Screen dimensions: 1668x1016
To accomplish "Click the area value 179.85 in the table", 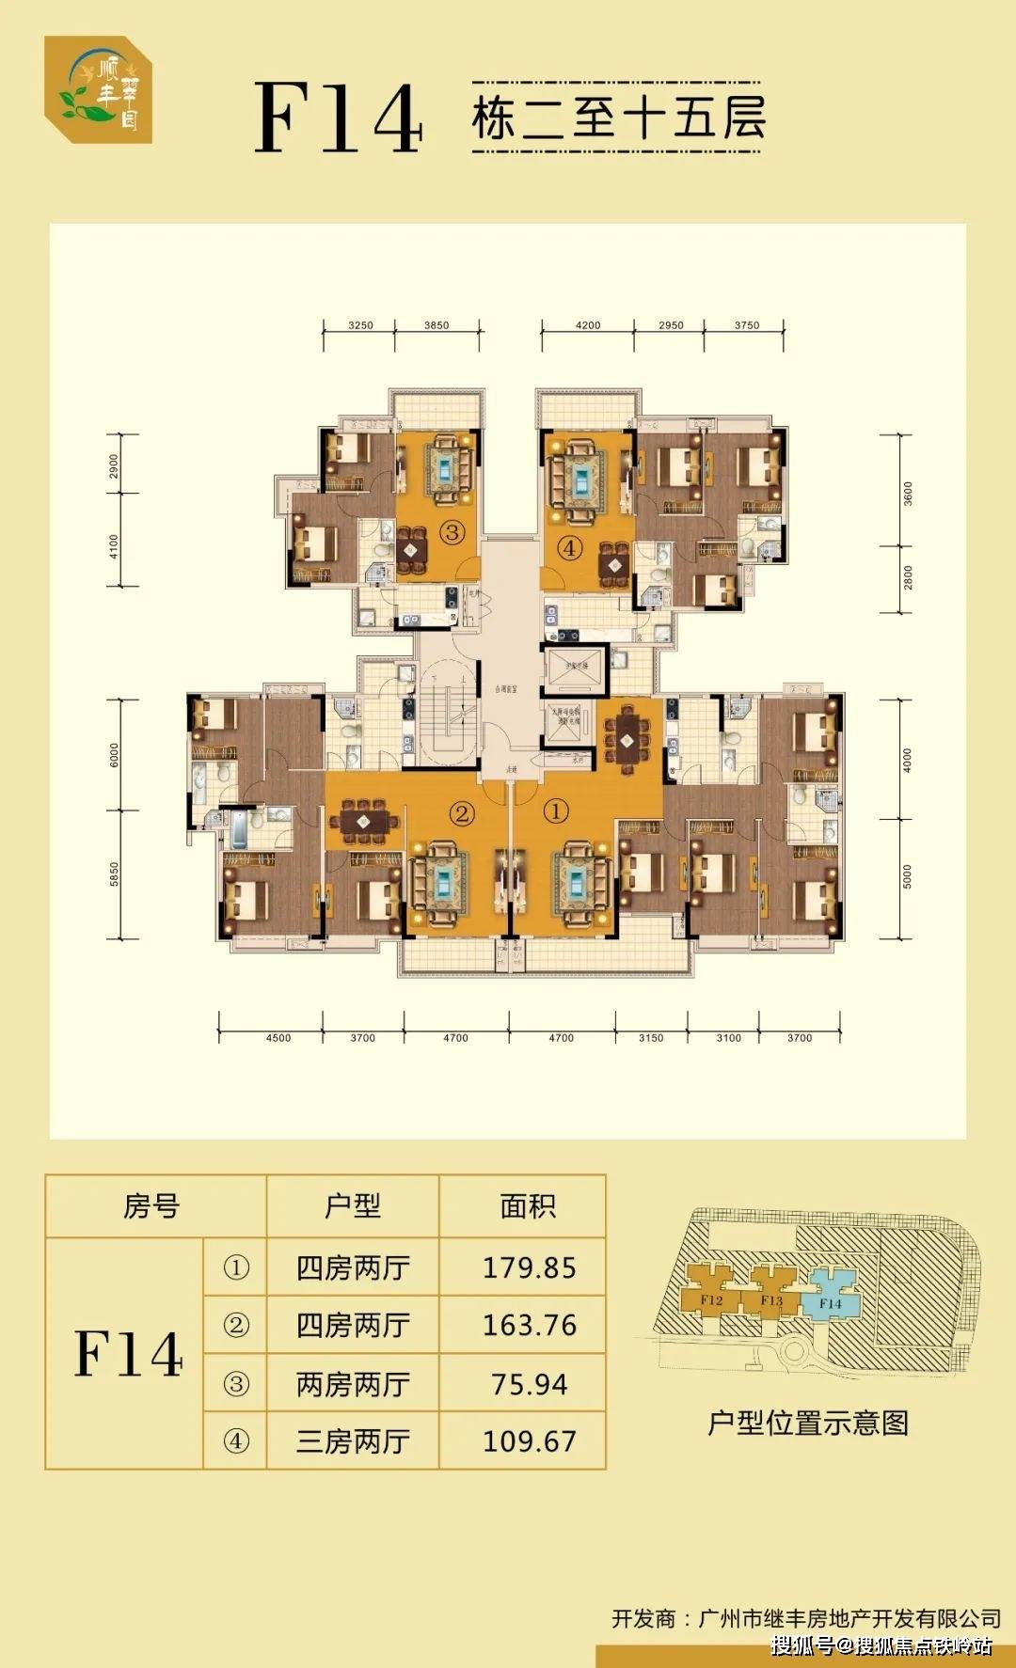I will tap(529, 1267).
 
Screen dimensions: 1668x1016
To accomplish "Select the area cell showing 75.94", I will tap(529, 1384).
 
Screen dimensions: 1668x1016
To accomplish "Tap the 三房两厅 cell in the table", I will tap(353, 1441).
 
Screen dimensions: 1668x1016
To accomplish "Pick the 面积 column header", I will tap(528, 1206).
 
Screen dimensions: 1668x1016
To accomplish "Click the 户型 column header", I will tap(353, 1206).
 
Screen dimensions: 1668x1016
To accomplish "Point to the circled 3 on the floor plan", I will tap(453, 533).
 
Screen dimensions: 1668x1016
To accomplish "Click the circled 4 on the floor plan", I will tap(570, 547).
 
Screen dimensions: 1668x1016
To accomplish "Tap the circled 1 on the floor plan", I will tap(558, 810).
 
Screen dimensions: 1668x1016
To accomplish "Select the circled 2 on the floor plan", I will tap(461, 812).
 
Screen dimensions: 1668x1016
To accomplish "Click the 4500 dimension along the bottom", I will tap(278, 1038).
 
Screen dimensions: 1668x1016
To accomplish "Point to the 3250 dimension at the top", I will tap(360, 325).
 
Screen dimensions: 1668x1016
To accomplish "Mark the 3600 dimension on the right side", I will tap(908, 493).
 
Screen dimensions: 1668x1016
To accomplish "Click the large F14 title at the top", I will tap(339, 118).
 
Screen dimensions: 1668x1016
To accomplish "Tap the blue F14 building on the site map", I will tap(830, 1303).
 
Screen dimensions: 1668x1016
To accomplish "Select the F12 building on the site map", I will tap(711, 1300).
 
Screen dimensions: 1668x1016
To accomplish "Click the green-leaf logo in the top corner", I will tap(99, 89).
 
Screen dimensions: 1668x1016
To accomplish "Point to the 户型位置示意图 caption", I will tap(808, 1423).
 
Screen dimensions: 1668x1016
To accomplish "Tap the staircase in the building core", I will tap(449, 714).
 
